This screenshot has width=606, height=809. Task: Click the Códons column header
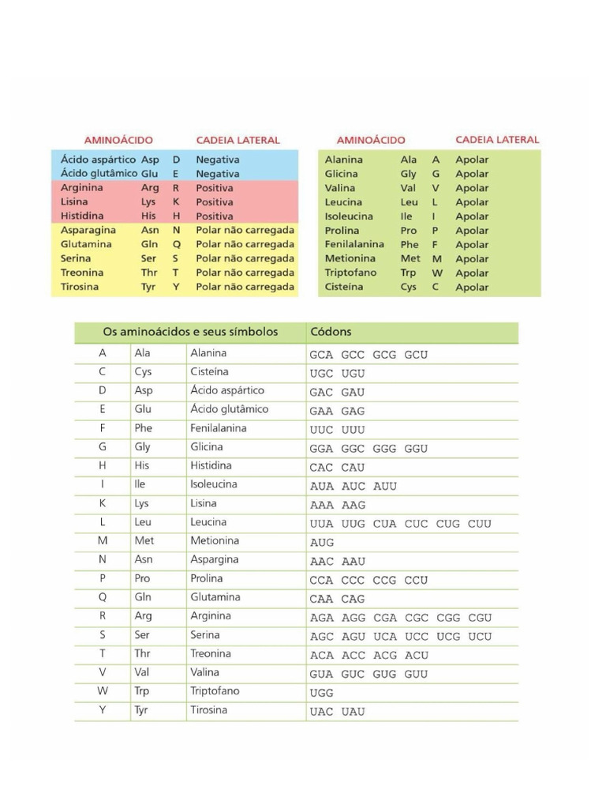coord(331,333)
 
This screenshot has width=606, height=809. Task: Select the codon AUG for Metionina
coord(322,543)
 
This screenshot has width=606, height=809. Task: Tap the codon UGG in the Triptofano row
coord(322,693)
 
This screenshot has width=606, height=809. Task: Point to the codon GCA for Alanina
coord(322,355)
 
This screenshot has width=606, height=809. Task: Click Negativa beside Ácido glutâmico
coord(218,174)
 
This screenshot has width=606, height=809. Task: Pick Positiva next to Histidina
coord(215,216)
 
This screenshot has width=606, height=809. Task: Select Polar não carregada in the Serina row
coord(245,258)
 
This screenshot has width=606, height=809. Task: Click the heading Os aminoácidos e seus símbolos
coord(191,333)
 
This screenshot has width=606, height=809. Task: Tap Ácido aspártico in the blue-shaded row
coord(98,160)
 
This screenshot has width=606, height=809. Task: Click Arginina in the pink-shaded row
coord(82,188)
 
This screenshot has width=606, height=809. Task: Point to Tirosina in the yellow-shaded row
coord(80,287)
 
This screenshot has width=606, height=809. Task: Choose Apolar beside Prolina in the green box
coord(472,231)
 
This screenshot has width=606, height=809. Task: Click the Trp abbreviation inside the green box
coord(409,273)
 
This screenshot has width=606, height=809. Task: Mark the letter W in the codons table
coord(103,691)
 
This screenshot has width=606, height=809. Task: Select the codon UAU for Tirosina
coord(353,712)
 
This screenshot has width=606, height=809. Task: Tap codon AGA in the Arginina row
coord(322,618)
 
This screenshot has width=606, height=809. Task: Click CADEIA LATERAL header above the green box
coord(497,140)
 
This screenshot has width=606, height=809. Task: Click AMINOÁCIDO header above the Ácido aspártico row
coord(118,140)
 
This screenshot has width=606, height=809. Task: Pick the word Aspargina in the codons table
coord(215,559)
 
